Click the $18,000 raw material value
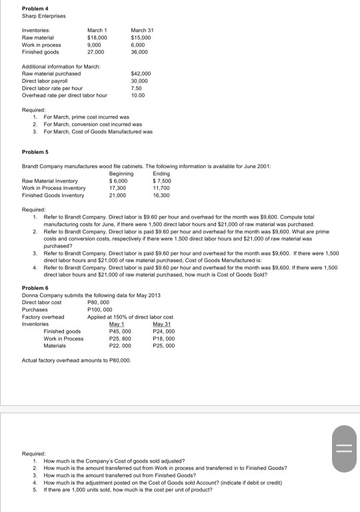[x=98, y=39]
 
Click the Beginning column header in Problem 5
[x=119, y=173]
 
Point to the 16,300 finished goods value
[x=162, y=195]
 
